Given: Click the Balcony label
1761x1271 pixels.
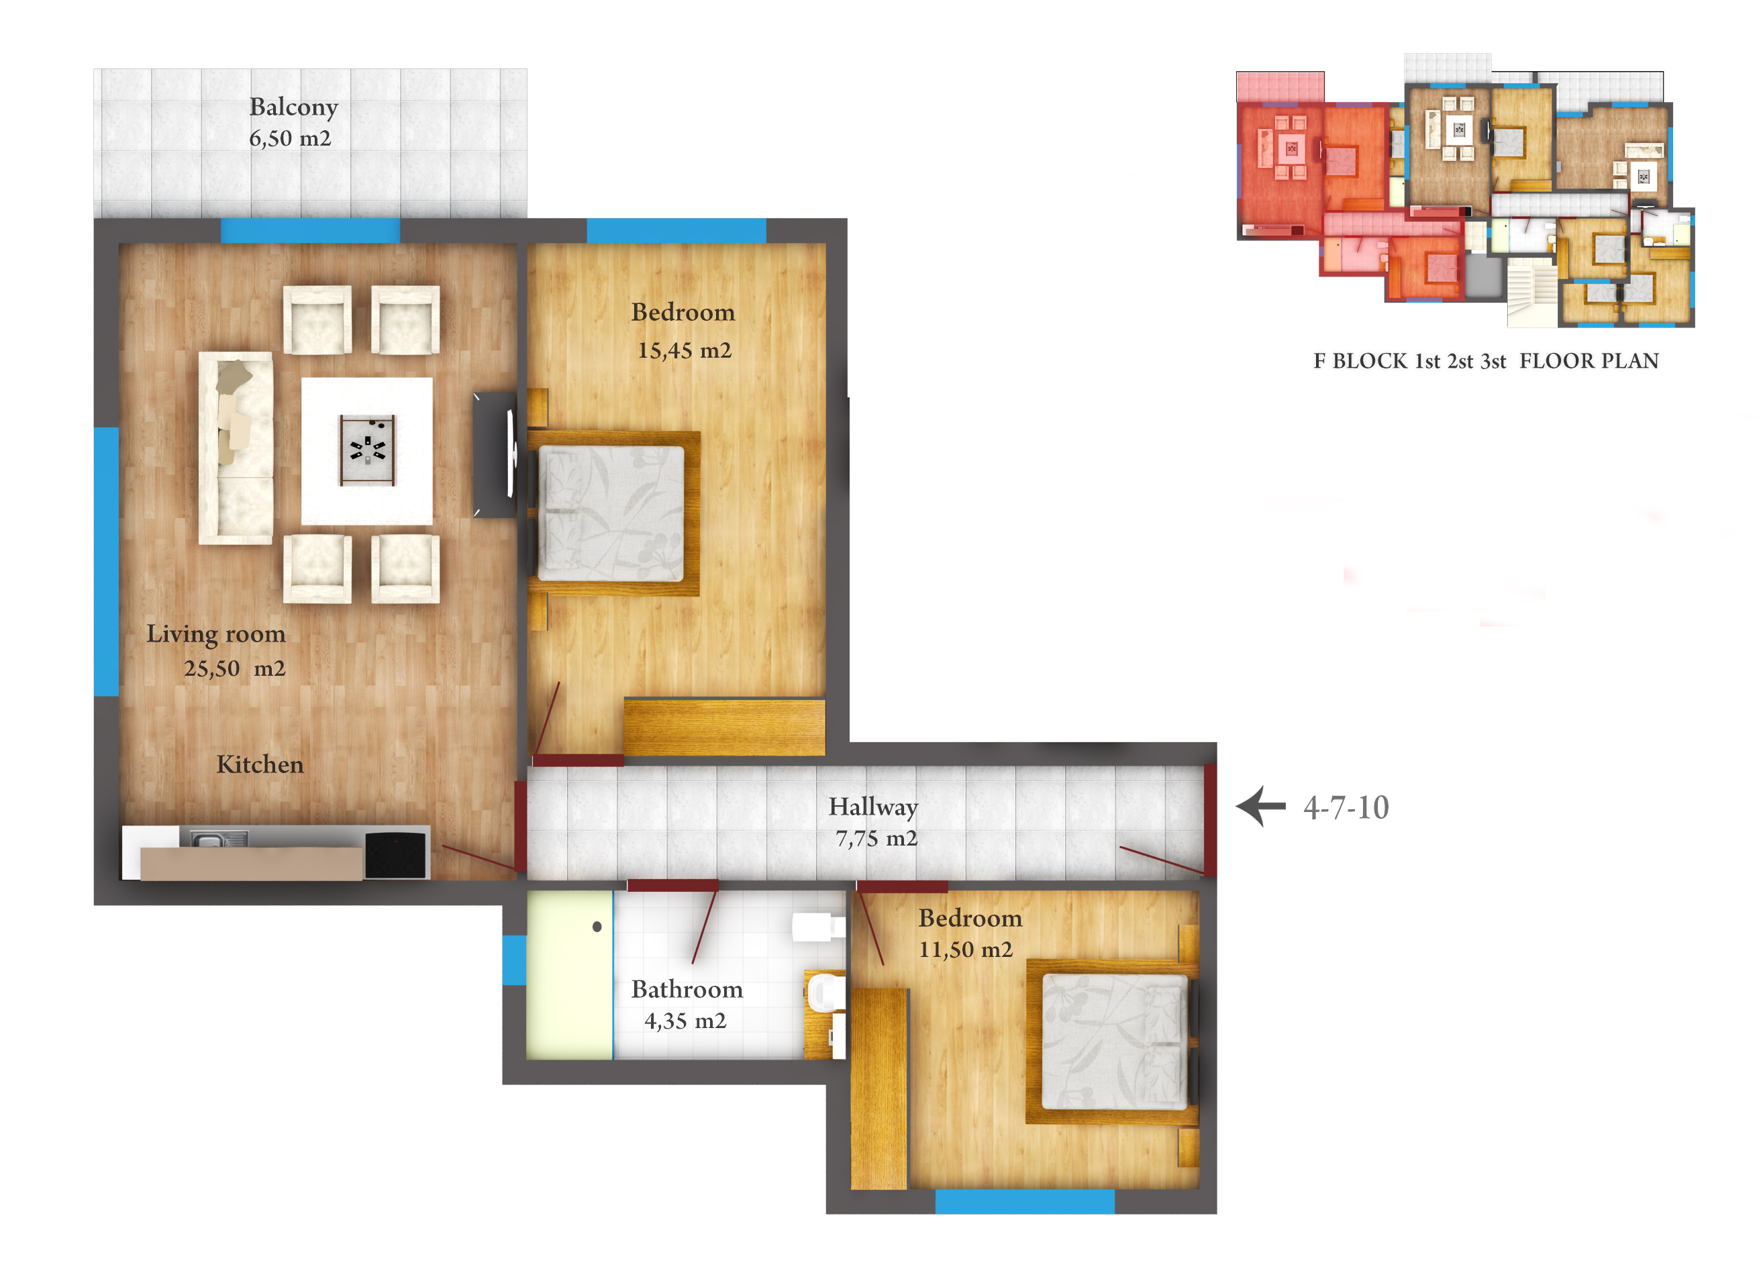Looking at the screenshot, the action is click(x=293, y=107).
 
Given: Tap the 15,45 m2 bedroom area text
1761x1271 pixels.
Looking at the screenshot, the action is click(x=684, y=351).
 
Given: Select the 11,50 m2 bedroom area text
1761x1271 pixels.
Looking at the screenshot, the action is click(x=966, y=950).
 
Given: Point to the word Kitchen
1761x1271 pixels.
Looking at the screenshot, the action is click(x=260, y=765).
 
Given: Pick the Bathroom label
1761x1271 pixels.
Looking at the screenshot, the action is click(x=687, y=989).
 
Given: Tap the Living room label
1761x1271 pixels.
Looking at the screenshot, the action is click(x=216, y=634).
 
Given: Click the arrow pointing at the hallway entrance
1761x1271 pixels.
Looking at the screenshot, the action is click(x=1260, y=807).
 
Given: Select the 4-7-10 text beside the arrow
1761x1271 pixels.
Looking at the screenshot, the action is click(x=1346, y=807).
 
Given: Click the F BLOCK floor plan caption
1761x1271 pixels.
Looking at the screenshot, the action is click(x=1485, y=361).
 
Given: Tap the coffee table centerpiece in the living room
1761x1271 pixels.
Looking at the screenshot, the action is click(x=367, y=450).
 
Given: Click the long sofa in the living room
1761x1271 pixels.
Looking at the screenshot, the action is click(x=236, y=448).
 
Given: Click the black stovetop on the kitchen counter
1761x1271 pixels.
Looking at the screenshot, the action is click(x=396, y=854).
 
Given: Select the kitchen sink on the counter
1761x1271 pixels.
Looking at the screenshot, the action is click(x=219, y=840).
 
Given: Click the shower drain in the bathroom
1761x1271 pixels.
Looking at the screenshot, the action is click(x=597, y=926).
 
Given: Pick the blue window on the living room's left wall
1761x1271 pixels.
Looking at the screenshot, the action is click(x=107, y=562).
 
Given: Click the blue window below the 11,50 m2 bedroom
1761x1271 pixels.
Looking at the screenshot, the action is click(x=1025, y=1202).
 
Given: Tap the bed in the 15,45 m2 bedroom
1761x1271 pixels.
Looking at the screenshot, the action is click(x=613, y=513).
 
